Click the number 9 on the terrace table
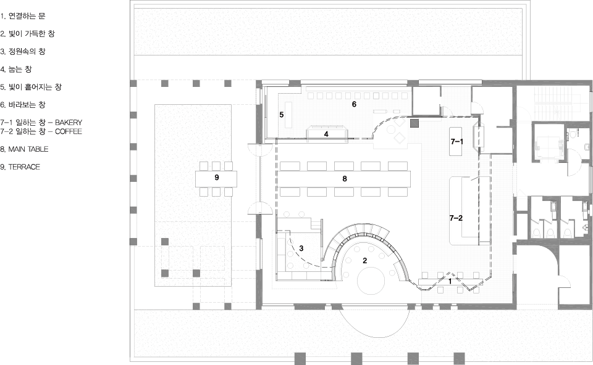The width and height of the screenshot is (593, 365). pos(217,178)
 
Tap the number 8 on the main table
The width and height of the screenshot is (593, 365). pos(345,179)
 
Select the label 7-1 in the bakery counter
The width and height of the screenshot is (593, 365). pos(457,142)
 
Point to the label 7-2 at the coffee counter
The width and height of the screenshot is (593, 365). pos(456,218)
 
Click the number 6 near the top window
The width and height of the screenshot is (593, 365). pos(354,104)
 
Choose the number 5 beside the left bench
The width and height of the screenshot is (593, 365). pos(282,115)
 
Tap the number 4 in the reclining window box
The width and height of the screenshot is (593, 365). pos(326,134)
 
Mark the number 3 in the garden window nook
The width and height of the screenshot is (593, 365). pos(301,248)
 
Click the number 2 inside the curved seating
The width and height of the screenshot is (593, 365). pos(365,260)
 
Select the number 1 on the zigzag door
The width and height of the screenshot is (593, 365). pos(450,281)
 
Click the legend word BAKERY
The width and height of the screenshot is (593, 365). pos(69,122)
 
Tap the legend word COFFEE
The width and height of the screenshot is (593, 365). pos(69,131)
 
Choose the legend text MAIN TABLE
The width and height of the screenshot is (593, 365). pos(28,149)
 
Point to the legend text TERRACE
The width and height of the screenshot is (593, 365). pos(24,167)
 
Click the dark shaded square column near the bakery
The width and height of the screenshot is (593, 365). pos(415,123)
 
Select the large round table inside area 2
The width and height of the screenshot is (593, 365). pos(371,281)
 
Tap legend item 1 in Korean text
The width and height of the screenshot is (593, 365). pos(23,16)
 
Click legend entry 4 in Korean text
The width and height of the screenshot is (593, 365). pos(16,69)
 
